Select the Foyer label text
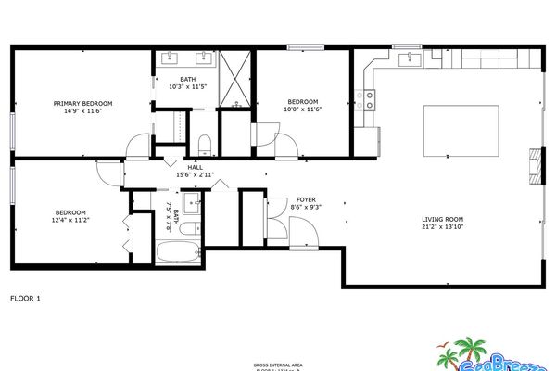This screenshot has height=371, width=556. coord(306,199)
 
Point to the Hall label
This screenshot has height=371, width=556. coord(195,167)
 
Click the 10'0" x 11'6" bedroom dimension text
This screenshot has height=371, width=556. coord(302,110)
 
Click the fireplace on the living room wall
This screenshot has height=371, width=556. coord(532,163)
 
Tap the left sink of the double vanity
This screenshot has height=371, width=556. coord(171,59)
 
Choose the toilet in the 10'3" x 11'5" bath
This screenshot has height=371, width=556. coord(206,142)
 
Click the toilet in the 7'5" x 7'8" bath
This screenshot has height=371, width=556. coord(188,229)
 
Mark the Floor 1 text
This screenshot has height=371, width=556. coord(25,299)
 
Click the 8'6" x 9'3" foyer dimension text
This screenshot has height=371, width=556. coord(306,208)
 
